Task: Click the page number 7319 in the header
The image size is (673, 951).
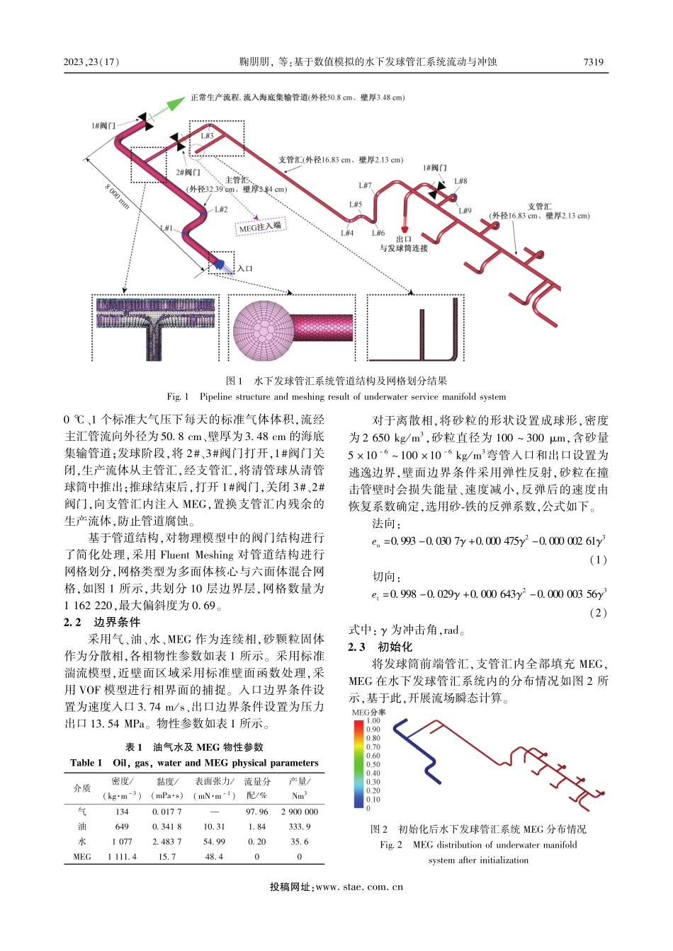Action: tap(593, 62)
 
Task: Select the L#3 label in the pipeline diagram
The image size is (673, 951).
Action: tap(207, 136)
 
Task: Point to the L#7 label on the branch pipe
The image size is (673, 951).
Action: tap(365, 185)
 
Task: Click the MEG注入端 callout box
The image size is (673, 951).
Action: tap(260, 227)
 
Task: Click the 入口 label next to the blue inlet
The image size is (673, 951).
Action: tap(245, 268)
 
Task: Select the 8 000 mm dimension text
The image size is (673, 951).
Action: tap(118, 196)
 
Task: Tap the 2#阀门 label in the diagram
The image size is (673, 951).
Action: tap(188, 172)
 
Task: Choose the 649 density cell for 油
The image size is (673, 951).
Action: tap(122, 826)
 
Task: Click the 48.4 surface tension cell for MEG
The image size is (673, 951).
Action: tap(214, 856)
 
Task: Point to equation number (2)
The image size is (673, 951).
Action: tap(598, 613)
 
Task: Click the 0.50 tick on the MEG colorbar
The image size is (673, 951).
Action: tap(373, 764)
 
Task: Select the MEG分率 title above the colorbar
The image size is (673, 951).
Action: tap(368, 713)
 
